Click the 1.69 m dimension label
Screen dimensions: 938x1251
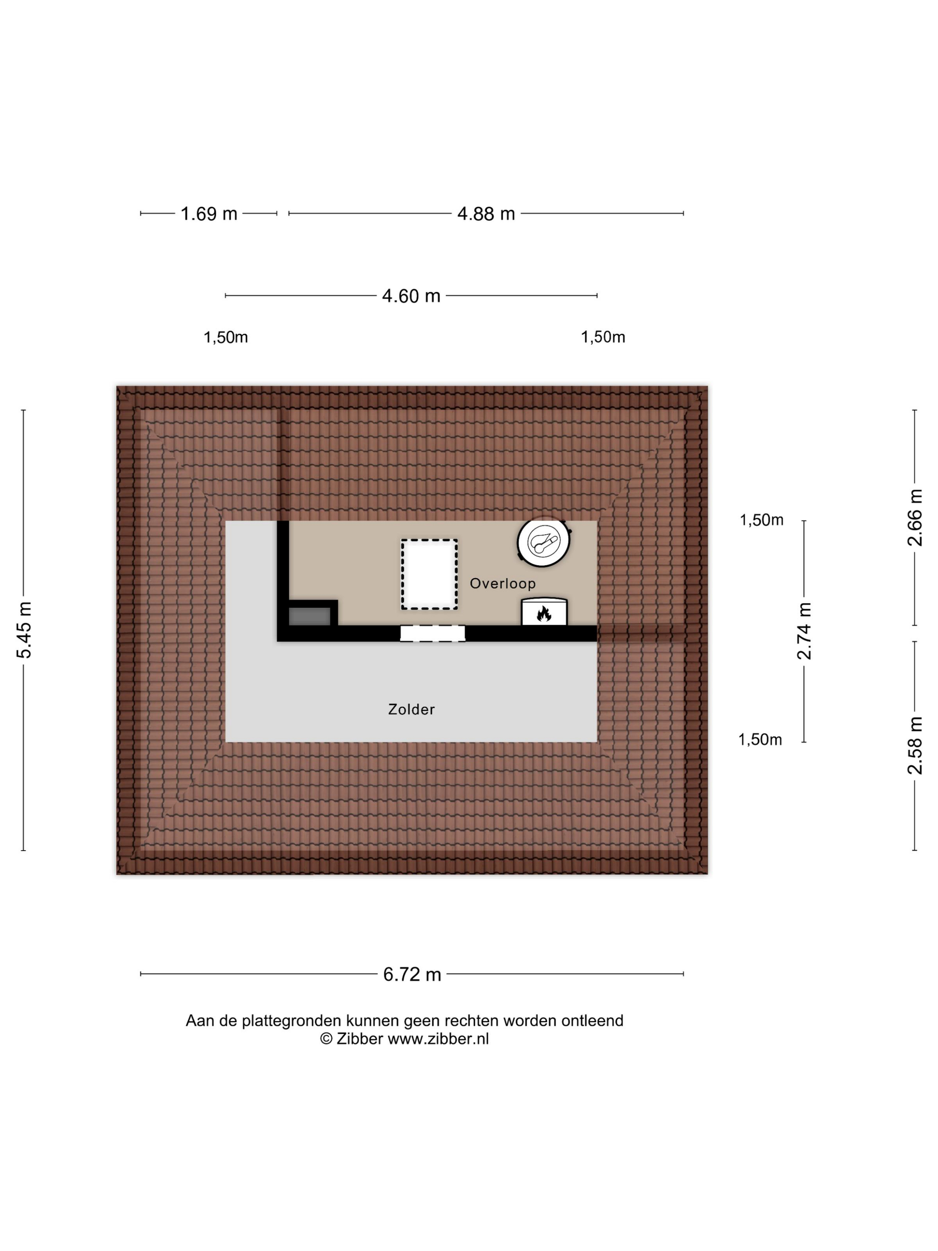[x=209, y=214]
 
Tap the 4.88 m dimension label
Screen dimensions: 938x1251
[x=486, y=214]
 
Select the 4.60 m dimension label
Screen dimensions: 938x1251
[x=411, y=296]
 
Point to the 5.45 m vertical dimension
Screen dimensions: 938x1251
[x=24, y=630]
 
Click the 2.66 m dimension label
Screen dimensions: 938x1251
[x=914, y=518]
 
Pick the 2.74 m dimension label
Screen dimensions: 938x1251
[x=804, y=631]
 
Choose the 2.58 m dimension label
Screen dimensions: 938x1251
[x=914, y=745]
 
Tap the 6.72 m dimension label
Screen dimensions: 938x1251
[x=412, y=974]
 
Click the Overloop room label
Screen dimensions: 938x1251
[x=502, y=583]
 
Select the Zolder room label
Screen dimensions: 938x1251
[x=411, y=709]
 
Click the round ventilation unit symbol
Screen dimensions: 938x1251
[x=543, y=542]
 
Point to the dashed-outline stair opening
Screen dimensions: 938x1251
[x=429, y=574]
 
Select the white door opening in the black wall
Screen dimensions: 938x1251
[x=432, y=634]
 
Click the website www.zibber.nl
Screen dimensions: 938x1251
[x=438, y=1039]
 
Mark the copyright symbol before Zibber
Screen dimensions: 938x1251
[x=326, y=1039]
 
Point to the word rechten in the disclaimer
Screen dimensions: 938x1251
[x=472, y=1021]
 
